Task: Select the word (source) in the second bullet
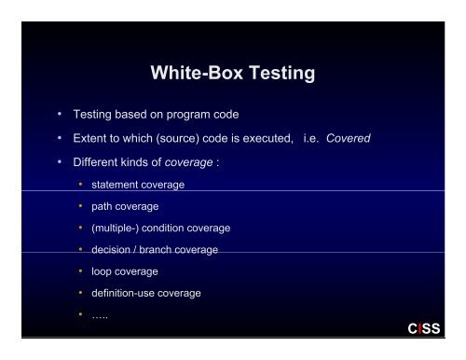pos(168,138)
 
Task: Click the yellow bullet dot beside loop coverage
pos(82,271)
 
